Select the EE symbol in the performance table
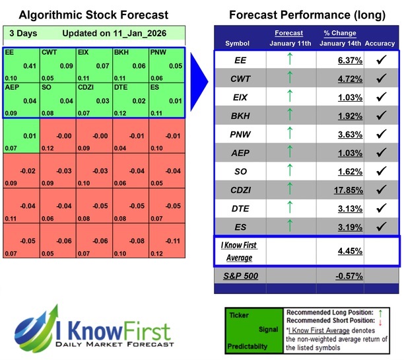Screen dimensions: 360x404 (x=242, y=61)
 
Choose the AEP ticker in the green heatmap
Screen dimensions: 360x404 (x=12, y=87)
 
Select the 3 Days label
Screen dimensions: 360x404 (x=24, y=34)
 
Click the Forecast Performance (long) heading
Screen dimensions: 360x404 (x=307, y=15)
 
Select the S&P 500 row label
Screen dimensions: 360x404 (x=242, y=275)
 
